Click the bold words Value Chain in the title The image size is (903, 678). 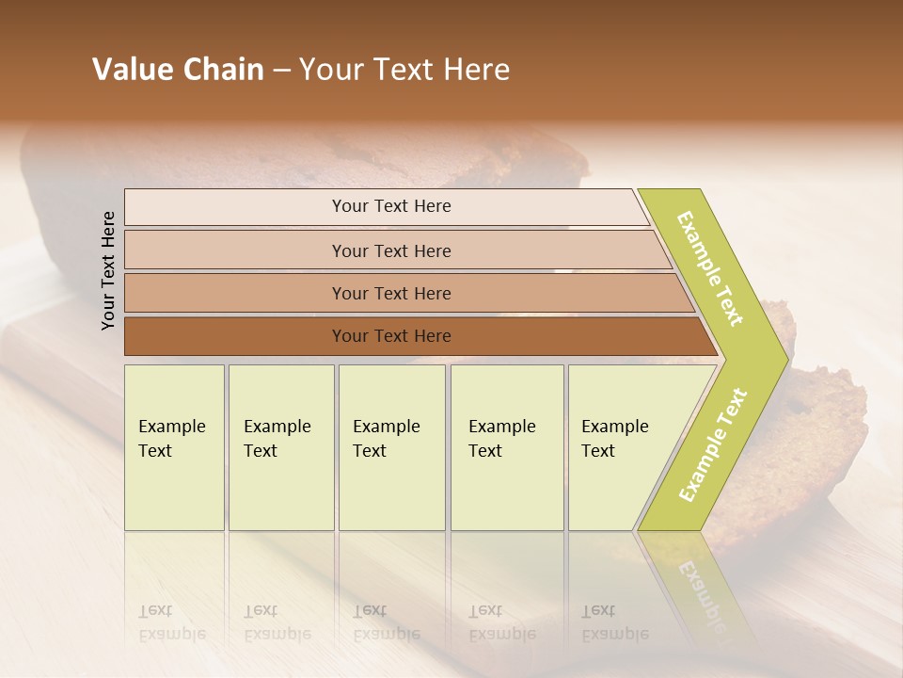click(x=178, y=70)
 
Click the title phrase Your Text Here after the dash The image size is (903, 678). click(x=404, y=70)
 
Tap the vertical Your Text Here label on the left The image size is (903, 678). click(x=108, y=270)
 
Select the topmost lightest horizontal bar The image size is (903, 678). click(x=391, y=206)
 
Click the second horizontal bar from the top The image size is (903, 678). click(x=391, y=250)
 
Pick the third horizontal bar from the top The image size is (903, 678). click(x=391, y=293)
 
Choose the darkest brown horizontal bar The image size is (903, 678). click(x=391, y=336)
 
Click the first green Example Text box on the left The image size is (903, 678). click(x=174, y=447)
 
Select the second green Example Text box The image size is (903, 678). click(x=280, y=447)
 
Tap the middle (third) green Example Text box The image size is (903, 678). click(x=390, y=447)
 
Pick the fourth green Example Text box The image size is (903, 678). click(x=506, y=447)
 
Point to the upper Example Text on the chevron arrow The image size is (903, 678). click(x=711, y=268)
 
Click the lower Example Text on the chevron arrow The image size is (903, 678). click(x=713, y=445)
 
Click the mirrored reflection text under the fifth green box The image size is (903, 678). click(x=615, y=622)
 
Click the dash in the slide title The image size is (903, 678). click(x=281, y=71)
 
